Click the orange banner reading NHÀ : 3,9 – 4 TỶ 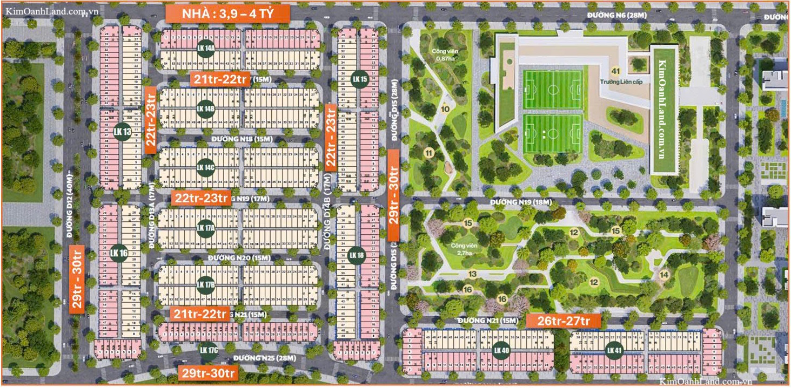227,13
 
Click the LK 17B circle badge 206,284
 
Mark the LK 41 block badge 614,350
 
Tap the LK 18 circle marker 357,255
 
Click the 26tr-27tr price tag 563,321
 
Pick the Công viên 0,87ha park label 441,54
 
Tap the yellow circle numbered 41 615,71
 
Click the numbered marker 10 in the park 445,109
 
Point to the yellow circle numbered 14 664,275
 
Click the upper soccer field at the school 552,89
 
